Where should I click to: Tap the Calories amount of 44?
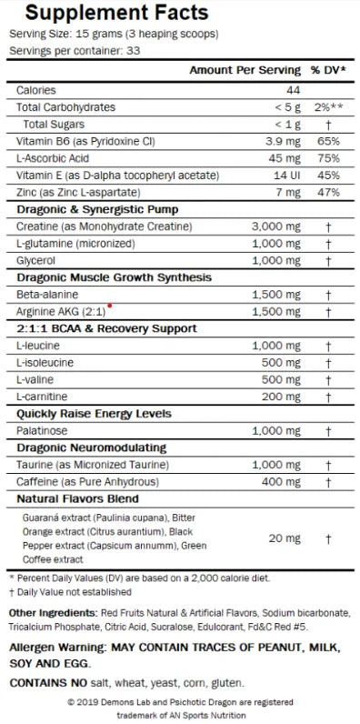[293, 90]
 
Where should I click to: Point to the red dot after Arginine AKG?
[110, 306]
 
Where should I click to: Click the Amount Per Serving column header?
[245, 70]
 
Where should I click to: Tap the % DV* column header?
[327, 70]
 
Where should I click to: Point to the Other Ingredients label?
[52, 612]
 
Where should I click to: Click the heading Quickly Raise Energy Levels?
[94, 414]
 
